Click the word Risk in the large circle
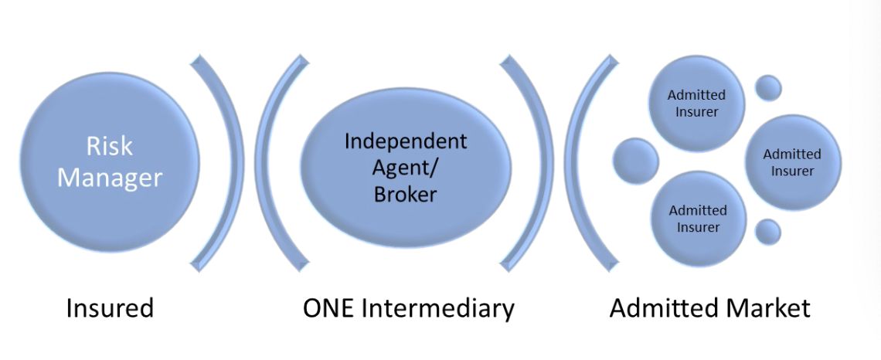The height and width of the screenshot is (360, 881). point(109,145)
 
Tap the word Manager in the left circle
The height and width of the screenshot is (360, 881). point(109,178)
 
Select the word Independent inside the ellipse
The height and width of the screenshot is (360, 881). point(405,141)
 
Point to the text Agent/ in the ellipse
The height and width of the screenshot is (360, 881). point(405,168)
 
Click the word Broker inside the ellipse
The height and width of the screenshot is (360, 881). point(405,194)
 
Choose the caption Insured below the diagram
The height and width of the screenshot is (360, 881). point(110,308)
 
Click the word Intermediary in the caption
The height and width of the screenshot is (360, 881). point(441,308)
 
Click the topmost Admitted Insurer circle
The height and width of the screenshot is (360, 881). point(697,104)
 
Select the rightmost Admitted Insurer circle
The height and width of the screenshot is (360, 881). point(792,162)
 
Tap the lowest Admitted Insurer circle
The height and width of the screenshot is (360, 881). point(698,219)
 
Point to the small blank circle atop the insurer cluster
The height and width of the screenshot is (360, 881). point(767,87)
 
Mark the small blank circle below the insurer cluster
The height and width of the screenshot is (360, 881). point(767,232)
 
